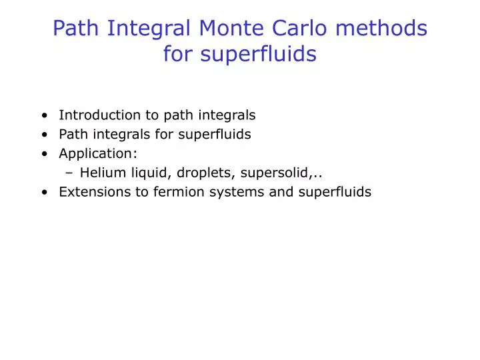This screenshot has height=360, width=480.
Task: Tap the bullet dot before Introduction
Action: tap(44, 115)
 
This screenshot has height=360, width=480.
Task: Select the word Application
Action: tap(96, 153)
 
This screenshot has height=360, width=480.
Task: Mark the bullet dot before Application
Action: tap(44, 154)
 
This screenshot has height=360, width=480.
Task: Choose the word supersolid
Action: tap(275, 173)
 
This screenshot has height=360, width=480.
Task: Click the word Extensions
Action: tap(91, 192)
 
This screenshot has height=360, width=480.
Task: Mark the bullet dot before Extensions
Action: tap(44, 193)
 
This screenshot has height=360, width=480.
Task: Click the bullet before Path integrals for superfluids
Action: tap(44, 135)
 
